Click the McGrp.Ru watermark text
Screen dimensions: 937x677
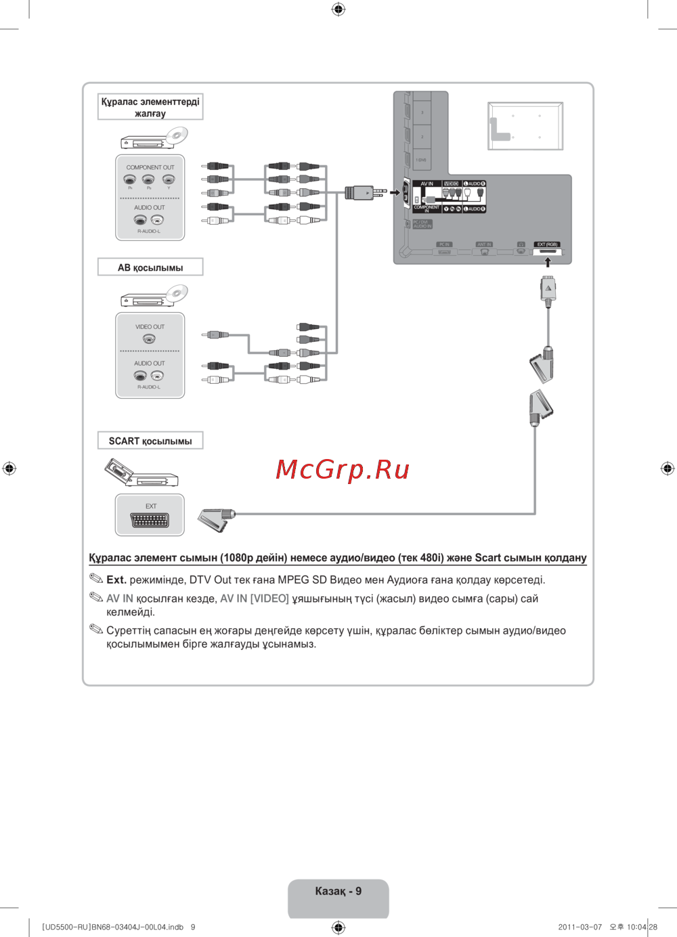click(343, 469)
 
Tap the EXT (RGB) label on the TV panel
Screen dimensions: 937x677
click(547, 244)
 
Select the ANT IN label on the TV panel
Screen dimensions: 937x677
click(484, 244)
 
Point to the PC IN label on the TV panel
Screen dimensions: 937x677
click(444, 244)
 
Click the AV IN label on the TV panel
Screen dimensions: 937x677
click(427, 183)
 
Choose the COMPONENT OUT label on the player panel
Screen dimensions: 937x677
click(150, 167)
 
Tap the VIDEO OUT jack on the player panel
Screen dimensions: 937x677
click(149, 339)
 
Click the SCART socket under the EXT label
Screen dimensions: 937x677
click(150, 521)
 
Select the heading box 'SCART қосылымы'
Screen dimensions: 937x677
click(150, 441)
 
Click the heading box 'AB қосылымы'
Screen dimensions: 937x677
click(150, 267)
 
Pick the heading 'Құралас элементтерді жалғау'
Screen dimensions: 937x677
click(150, 107)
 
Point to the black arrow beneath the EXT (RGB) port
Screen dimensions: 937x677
click(548, 262)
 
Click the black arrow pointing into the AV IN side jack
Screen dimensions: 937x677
click(395, 193)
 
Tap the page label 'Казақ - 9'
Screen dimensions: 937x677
click(338, 891)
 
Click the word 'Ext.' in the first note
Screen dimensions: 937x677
click(116, 580)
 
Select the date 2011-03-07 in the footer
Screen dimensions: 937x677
click(580, 927)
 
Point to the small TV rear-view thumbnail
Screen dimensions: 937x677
click(525, 126)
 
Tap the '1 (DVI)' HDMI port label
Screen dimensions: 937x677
click(421, 160)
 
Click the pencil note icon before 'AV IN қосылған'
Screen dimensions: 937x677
click(96, 597)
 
